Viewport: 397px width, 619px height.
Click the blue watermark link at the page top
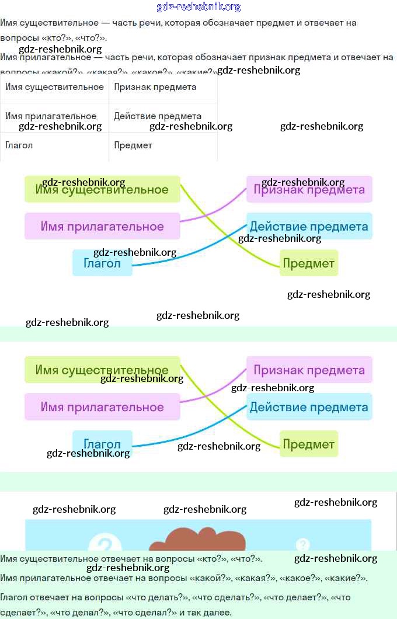198,7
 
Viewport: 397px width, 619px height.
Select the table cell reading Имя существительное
54,87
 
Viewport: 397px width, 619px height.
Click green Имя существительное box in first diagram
102,190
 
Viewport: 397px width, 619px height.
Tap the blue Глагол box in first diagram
102,263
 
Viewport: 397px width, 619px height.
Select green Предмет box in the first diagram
309,263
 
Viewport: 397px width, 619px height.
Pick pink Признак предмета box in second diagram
309,370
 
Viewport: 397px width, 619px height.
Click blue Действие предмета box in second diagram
309,407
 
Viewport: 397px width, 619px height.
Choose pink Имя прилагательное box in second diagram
102,407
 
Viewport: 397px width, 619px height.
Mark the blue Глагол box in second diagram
102,444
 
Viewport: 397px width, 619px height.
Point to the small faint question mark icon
302,545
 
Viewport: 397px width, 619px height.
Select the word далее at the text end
218,613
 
